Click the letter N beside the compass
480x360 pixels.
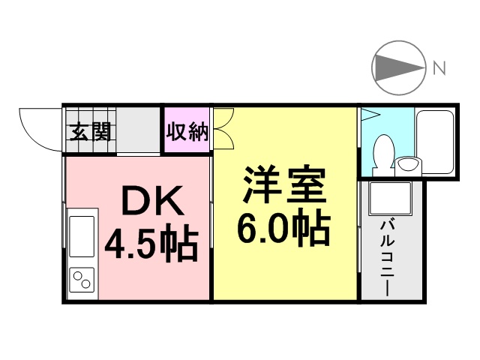tap(439, 68)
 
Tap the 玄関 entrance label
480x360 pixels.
tap(91, 132)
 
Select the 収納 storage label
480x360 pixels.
tap(186, 132)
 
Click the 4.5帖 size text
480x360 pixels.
tap(151, 243)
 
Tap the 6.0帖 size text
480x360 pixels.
tap(283, 229)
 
